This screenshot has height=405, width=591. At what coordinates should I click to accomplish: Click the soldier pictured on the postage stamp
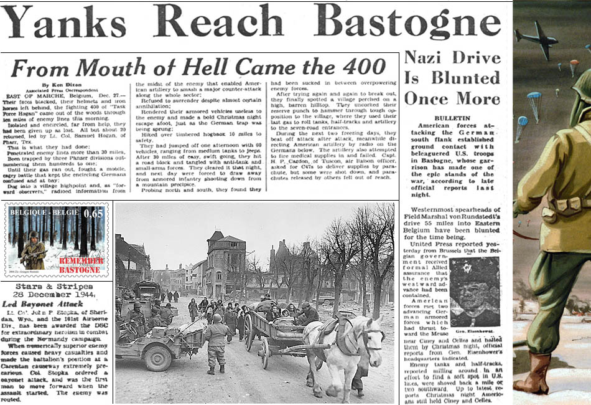(x=33, y=249)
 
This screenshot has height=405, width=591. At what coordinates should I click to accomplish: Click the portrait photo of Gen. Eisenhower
(x=475, y=291)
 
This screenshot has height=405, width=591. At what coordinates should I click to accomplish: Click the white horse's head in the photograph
(x=373, y=337)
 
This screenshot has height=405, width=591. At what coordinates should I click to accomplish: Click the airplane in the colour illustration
(x=536, y=39)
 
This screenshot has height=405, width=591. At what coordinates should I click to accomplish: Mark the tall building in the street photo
(x=225, y=262)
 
